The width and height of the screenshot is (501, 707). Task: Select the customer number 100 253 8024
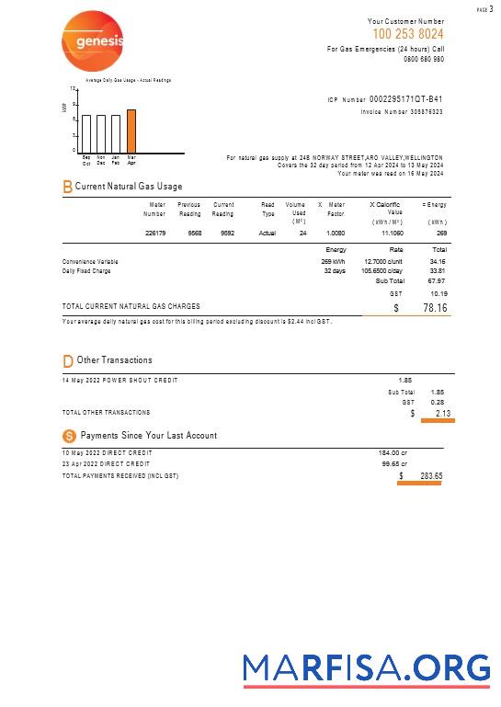click(407, 34)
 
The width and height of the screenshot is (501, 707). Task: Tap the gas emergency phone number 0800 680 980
click(424, 59)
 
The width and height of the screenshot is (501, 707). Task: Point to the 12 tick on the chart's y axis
click(73, 89)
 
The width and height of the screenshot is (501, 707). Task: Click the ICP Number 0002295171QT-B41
click(405, 99)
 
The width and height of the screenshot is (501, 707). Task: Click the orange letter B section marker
click(67, 187)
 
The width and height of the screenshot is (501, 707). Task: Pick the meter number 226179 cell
click(155, 234)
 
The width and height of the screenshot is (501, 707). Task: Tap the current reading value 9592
click(227, 234)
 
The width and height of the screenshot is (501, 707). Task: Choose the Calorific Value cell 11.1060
click(392, 234)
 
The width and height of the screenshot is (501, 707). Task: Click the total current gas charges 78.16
click(435, 308)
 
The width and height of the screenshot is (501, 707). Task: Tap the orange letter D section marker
click(67, 361)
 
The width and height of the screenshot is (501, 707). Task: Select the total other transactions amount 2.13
click(441, 414)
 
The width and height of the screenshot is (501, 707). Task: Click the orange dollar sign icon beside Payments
click(69, 436)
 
